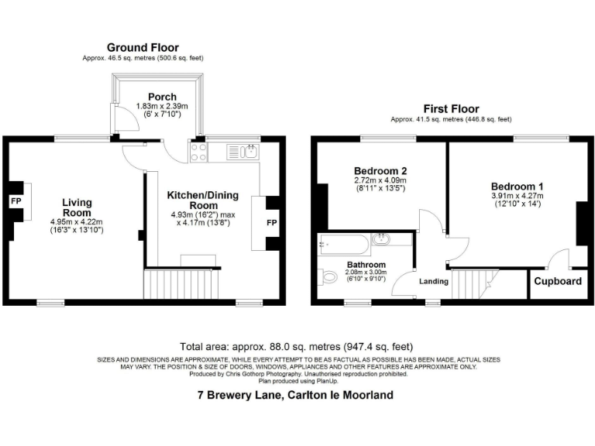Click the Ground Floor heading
(x=143, y=47)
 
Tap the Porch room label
(x=163, y=97)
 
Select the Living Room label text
(x=77, y=208)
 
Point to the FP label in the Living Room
(x=15, y=201)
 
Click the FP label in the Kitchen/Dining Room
(x=272, y=223)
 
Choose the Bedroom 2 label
(x=380, y=171)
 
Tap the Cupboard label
(x=558, y=281)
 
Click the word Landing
(x=434, y=281)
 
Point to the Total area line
(x=297, y=347)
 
